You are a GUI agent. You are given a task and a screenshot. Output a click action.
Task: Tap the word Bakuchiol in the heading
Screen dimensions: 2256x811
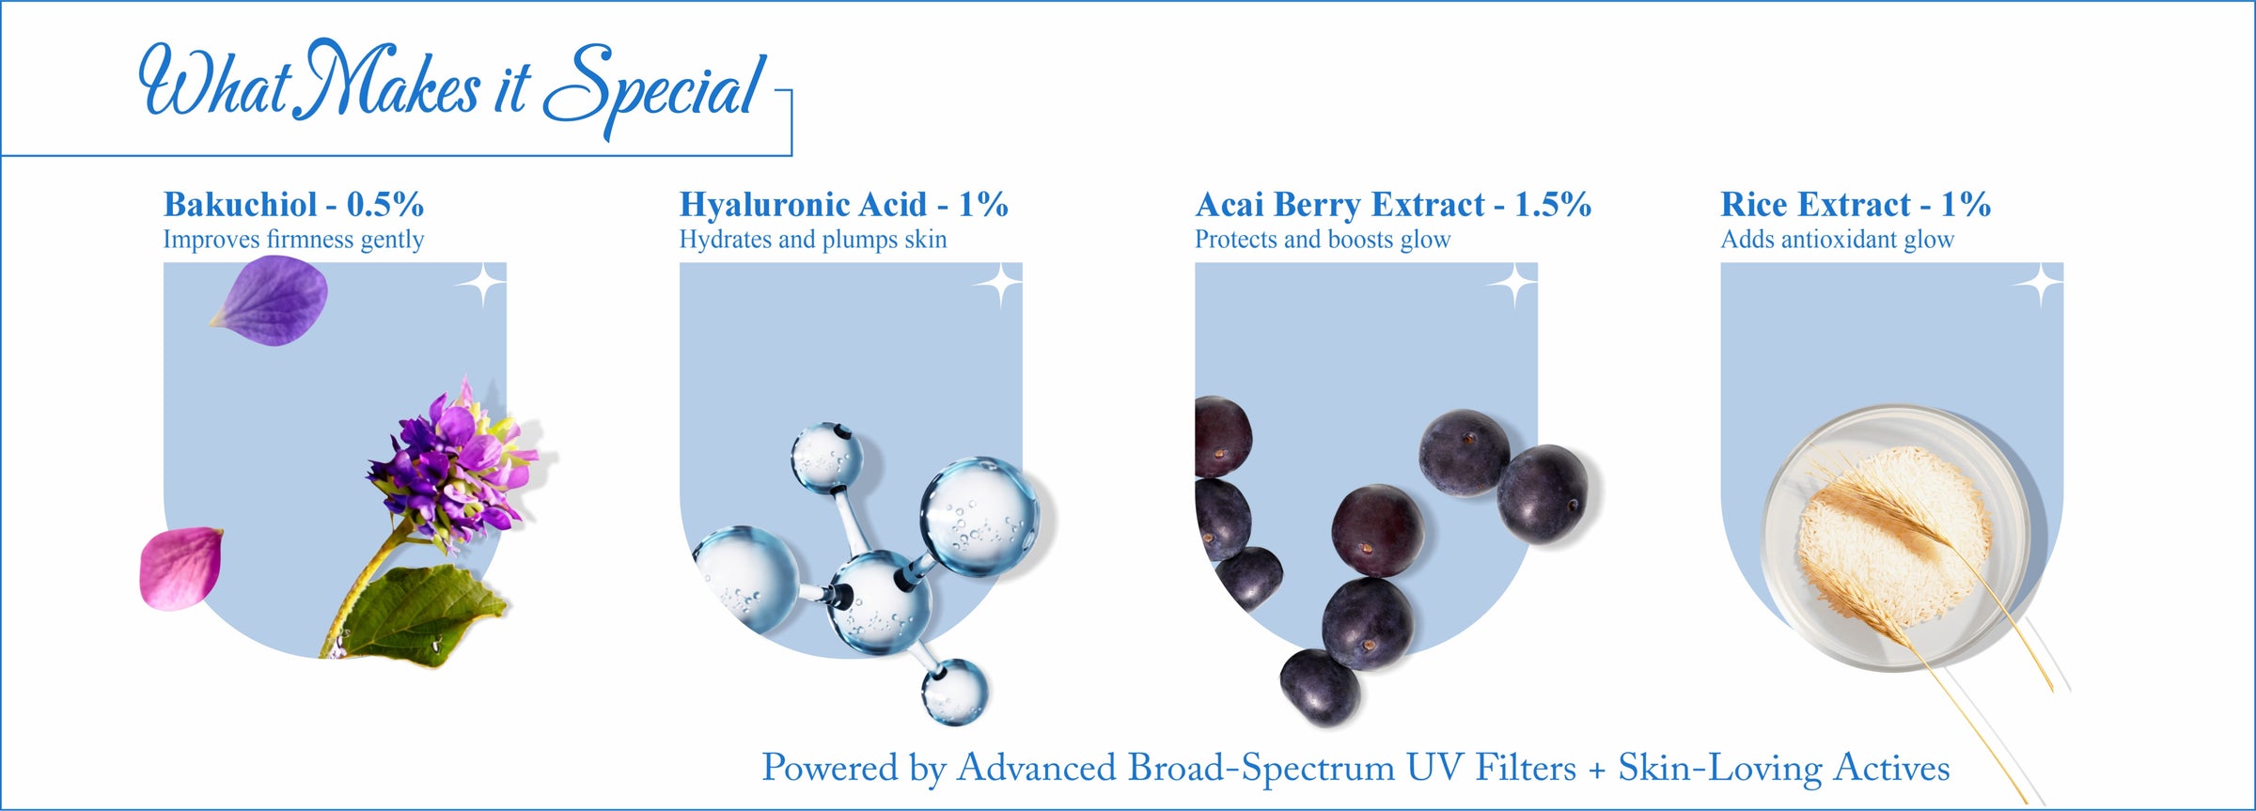(x=241, y=204)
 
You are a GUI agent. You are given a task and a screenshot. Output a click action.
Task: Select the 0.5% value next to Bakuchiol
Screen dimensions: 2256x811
(x=385, y=204)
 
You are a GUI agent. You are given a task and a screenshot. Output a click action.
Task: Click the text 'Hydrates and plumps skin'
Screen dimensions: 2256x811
(x=813, y=240)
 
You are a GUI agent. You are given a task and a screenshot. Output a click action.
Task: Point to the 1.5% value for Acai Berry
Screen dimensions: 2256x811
(x=1553, y=204)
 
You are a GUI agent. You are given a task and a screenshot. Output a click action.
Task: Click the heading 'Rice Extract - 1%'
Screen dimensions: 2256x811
(x=1856, y=204)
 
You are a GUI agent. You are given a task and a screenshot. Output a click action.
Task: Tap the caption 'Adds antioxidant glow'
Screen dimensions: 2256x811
(x=1838, y=240)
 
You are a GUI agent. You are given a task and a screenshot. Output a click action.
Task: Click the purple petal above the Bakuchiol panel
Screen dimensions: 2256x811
(x=271, y=301)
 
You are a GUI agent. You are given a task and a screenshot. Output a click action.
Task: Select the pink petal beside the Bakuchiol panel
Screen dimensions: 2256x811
(x=181, y=569)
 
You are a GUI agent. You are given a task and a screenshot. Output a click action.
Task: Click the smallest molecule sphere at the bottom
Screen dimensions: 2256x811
(x=954, y=692)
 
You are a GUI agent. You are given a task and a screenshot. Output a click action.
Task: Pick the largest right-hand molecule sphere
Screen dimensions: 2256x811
(x=979, y=516)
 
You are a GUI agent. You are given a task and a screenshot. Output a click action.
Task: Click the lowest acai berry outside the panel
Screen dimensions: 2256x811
(x=1320, y=687)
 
